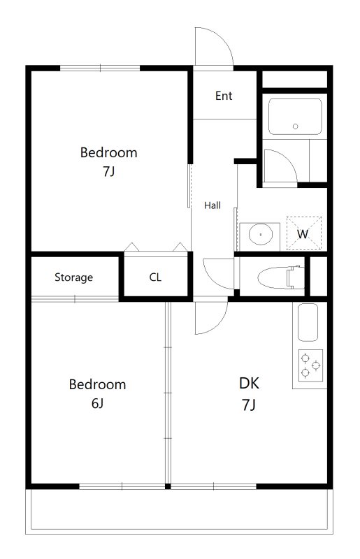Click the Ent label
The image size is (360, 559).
click(224, 96)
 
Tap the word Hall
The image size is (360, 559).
click(213, 205)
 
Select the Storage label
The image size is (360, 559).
click(73, 277)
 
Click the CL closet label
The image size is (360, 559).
click(155, 277)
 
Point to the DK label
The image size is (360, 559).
click(249, 383)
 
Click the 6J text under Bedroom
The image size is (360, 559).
click(97, 403)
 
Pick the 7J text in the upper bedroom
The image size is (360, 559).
click(109, 171)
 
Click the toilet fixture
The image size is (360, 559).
click(281, 277)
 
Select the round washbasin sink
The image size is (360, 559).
click(261, 235)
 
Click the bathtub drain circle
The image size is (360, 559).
click(295, 126)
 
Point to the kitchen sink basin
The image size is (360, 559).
click(308, 322)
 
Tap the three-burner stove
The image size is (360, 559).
click(310, 365)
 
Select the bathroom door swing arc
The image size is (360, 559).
click(287, 159)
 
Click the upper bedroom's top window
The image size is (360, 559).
click(100, 68)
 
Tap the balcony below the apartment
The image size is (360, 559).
click(179, 511)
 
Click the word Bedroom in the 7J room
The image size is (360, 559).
click(109, 152)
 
